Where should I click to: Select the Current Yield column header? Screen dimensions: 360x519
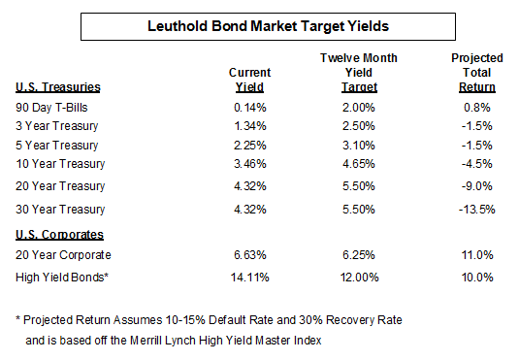[249, 80]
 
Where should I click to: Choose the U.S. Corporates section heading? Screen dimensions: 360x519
[57, 235]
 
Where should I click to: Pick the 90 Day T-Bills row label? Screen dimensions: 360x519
[52, 108]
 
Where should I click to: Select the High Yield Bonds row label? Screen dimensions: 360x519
[60, 278]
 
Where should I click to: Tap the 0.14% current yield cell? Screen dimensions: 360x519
[249, 108]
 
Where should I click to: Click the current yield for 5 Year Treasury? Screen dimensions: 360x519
[249, 145]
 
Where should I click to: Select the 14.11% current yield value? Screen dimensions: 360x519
[249, 278]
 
